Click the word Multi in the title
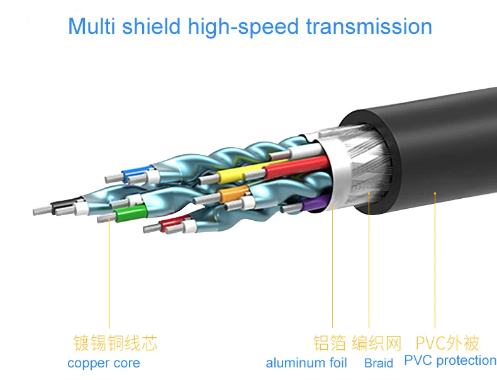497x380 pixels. point(91,26)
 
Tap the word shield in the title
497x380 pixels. point(151,26)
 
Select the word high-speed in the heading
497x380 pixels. point(243,27)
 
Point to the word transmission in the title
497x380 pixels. point(369,26)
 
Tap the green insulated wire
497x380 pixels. point(131,213)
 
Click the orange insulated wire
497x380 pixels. point(233,193)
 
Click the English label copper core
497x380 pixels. point(104,363)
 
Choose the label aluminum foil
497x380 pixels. point(306,363)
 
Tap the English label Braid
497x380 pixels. point(379,363)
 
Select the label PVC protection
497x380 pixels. point(450,360)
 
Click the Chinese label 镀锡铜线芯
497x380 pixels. point(115,343)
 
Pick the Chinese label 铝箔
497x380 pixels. point(329,343)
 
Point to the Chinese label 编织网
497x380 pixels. point(377,343)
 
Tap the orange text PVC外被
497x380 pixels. point(447,343)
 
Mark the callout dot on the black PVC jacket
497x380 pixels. point(435,193)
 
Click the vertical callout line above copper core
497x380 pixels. point(109,273)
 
